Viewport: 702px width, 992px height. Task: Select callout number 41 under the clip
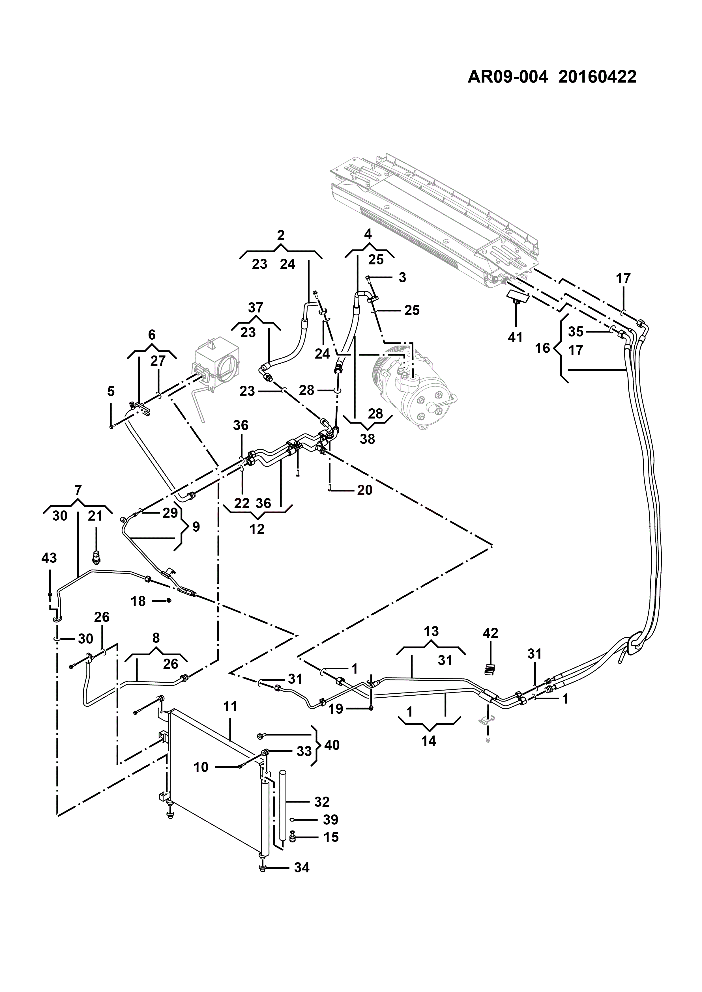click(x=515, y=337)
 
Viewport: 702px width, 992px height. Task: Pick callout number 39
click(x=331, y=819)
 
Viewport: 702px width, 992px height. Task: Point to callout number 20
click(x=364, y=490)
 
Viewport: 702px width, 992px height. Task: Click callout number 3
click(x=402, y=277)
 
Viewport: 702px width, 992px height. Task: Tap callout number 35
click(x=576, y=331)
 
